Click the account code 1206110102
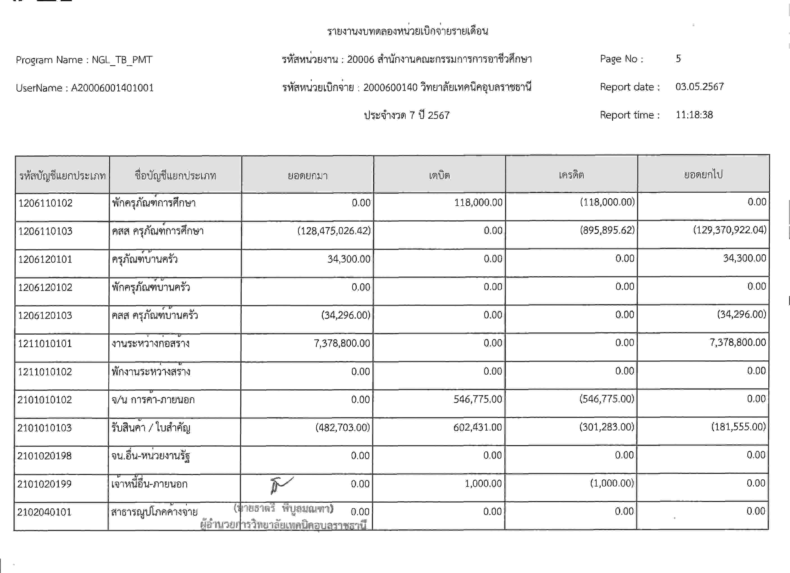coord(45,203)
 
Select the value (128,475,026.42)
coord(334,231)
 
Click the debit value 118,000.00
coord(478,202)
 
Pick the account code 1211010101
coord(45,343)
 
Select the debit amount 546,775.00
coord(477,399)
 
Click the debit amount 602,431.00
coord(477,427)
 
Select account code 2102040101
coord(44,512)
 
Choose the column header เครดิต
coord(571,175)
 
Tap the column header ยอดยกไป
coord(703,174)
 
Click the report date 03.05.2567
coord(699,87)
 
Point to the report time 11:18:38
coord(694,115)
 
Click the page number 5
coord(678,58)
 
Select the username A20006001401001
coord(112,88)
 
